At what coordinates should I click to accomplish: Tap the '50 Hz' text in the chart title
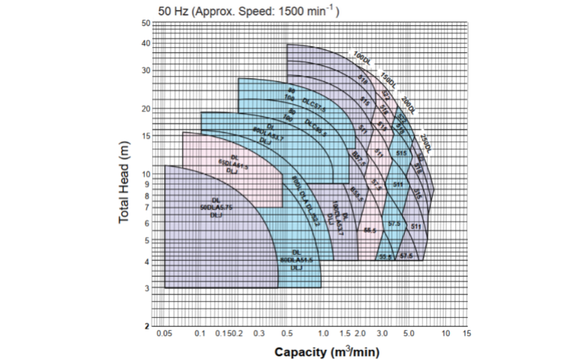tap(176, 12)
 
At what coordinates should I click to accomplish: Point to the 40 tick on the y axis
tap(146, 43)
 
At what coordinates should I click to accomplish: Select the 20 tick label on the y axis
tap(146, 109)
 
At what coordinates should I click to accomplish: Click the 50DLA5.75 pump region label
tap(216, 208)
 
